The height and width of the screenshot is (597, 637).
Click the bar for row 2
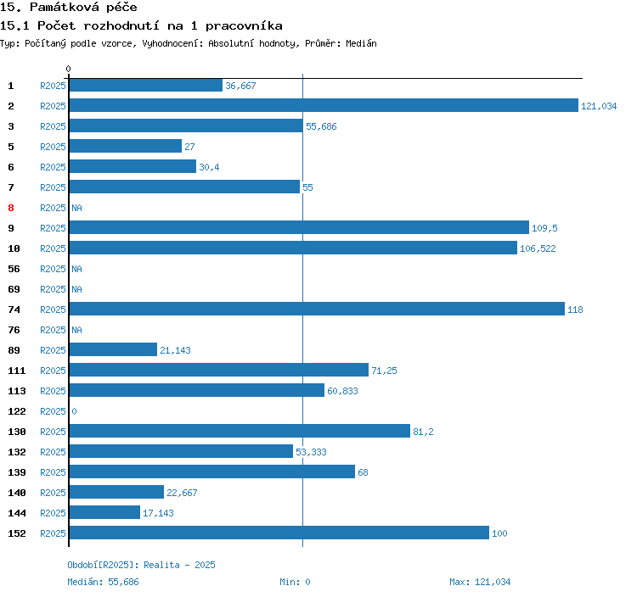(323, 106)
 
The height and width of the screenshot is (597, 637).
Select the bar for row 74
(316, 310)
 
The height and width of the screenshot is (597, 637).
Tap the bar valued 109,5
(298, 228)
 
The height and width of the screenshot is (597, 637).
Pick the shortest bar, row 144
(104, 513)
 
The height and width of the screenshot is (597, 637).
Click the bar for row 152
(279, 533)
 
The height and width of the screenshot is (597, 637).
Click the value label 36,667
(240, 86)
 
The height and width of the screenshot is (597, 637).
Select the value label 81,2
(423, 432)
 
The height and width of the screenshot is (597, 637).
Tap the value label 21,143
(175, 350)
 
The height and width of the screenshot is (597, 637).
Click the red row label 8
(11, 208)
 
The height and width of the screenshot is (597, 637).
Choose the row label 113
(16, 391)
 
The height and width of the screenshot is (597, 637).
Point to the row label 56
(14, 269)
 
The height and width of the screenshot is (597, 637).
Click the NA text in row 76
(76, 330)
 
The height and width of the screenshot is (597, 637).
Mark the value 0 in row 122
(74, 411)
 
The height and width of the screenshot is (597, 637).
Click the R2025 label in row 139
(53, 472)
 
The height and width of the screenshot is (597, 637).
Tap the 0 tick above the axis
(69, 69)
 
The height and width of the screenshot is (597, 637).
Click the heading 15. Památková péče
(70, 8)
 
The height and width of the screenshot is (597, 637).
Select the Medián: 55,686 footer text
(103, 582)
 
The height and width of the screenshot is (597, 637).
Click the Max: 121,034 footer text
(480, 582)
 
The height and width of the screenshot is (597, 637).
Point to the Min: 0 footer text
(295, 582)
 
